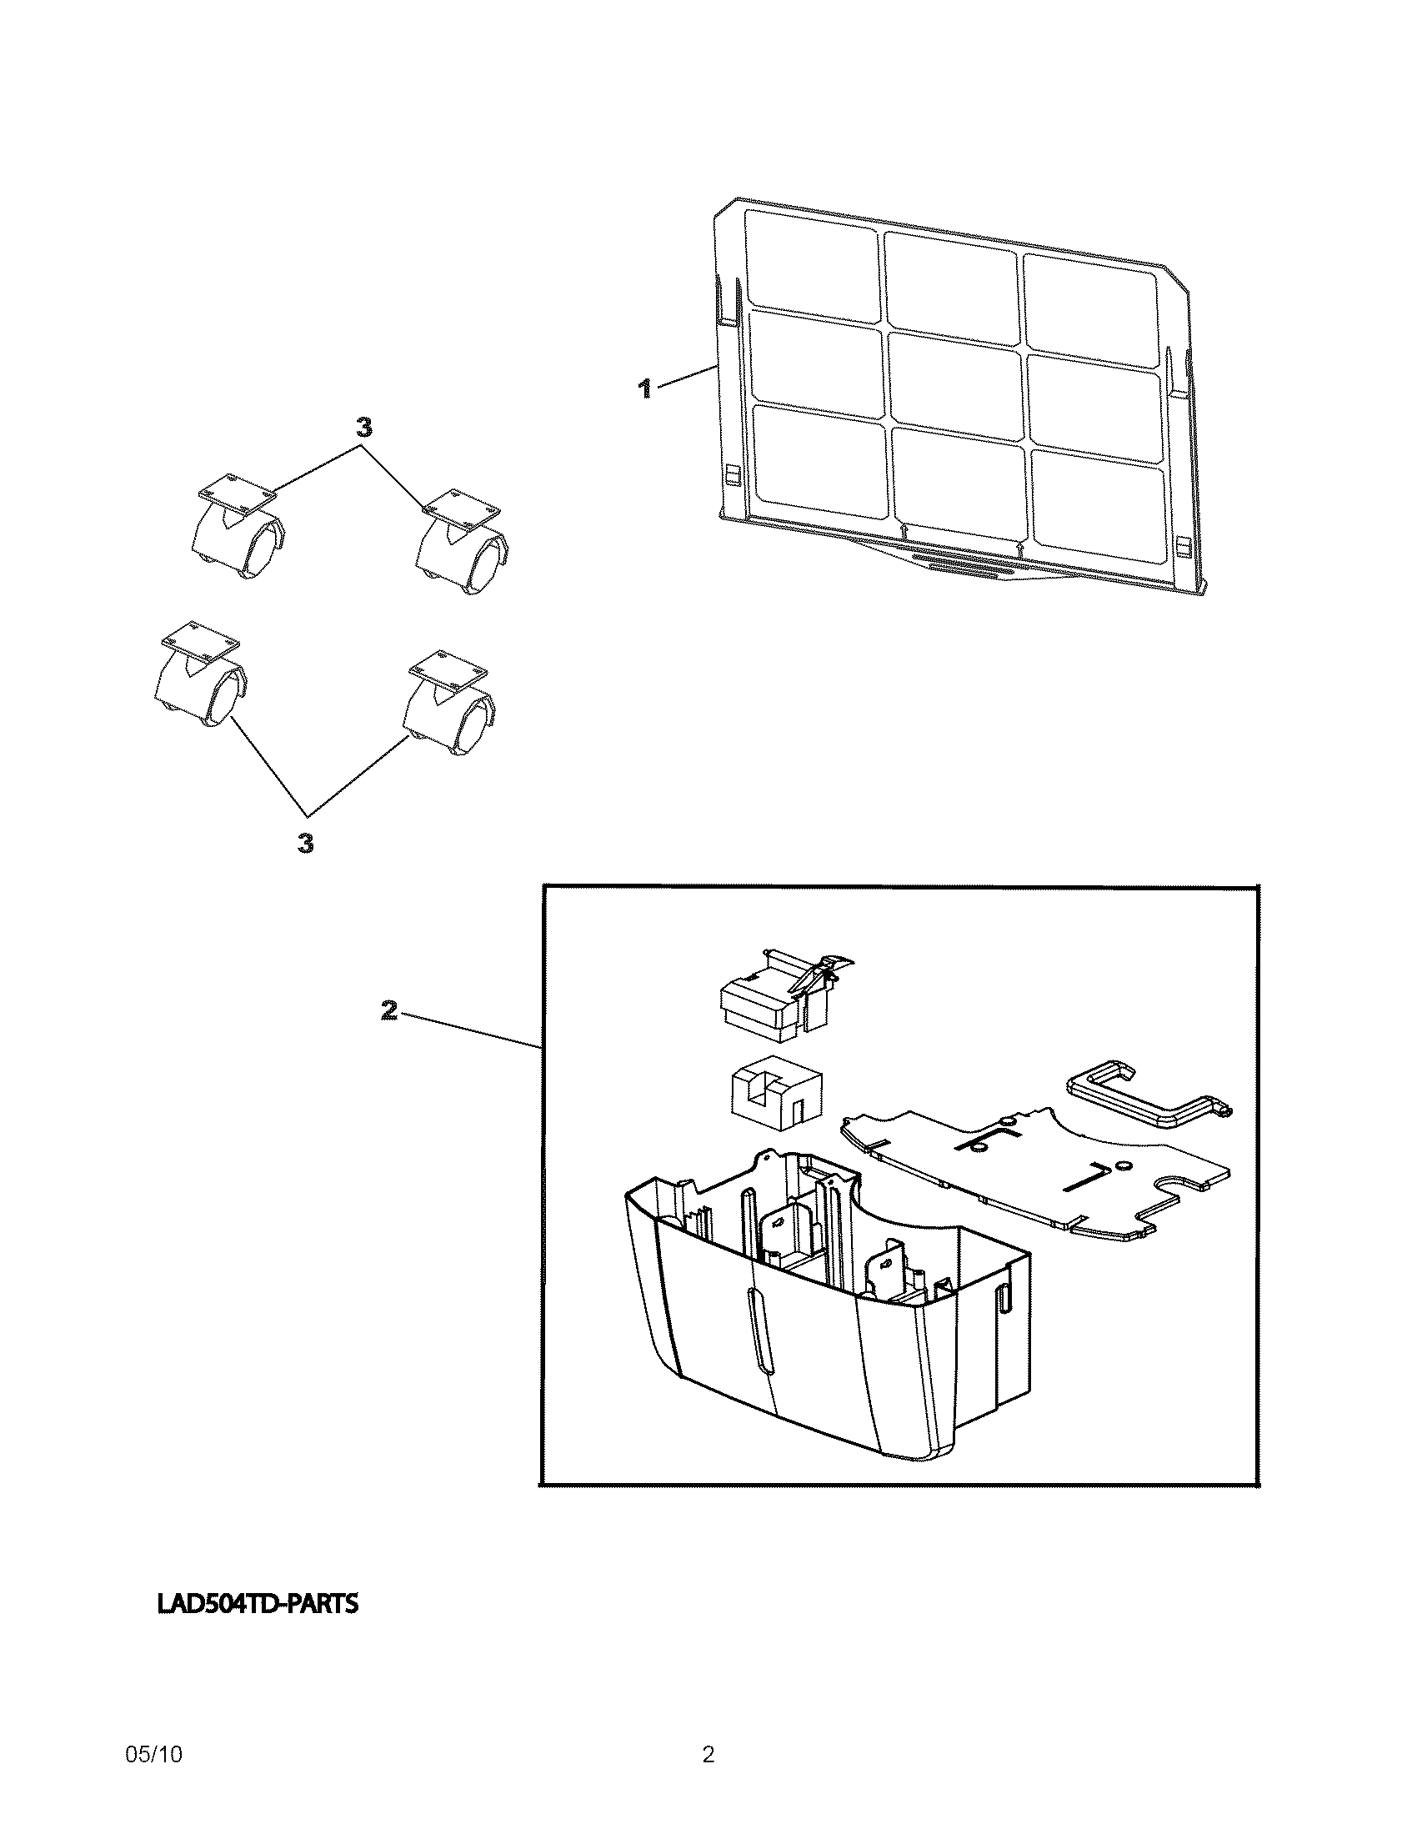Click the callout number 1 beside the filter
[x=644, y=388]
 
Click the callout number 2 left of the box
[x=388, y=1010]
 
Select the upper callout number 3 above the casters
[x=363, y=428]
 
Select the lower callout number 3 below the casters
[x=307, y=842]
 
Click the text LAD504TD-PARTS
[x=257, y=1604]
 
